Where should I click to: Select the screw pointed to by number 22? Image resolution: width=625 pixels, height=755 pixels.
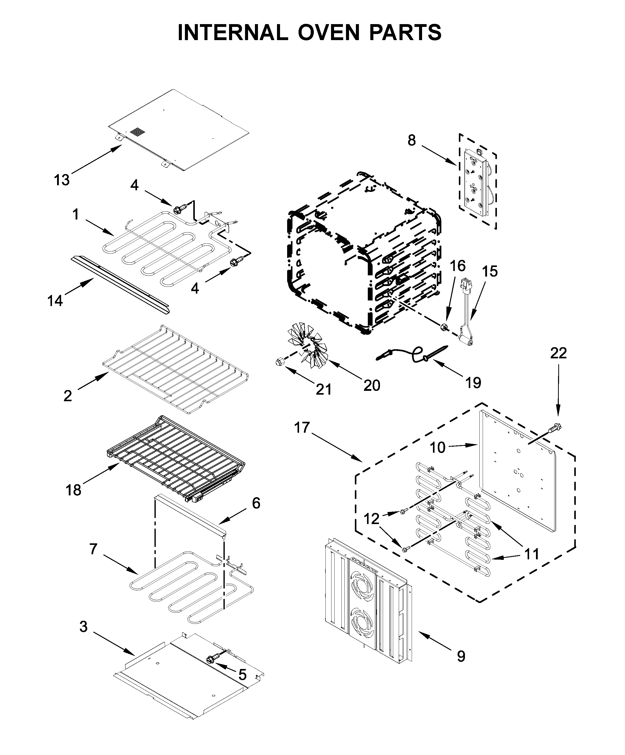[555, 428]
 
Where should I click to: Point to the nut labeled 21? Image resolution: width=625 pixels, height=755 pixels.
[279, 362]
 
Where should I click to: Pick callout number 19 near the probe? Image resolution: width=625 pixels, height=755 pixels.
[473, 383]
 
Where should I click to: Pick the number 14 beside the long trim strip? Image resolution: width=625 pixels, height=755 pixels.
[55, 300]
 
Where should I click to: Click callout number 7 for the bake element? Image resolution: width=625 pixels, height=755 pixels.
[93, 549]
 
